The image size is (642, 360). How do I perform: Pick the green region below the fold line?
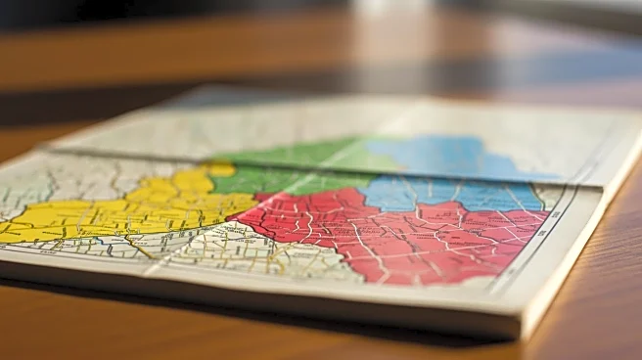pos(284,182)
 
